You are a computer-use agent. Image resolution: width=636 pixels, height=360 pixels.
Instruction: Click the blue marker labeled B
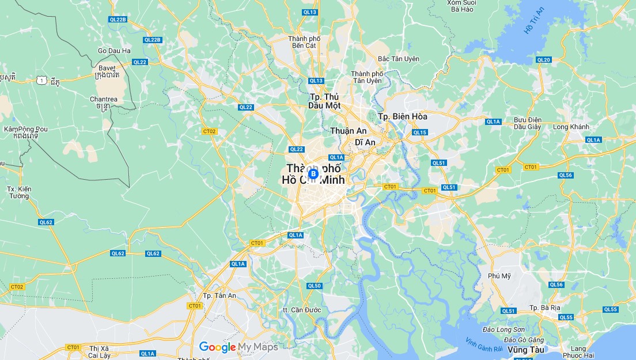[x=313, y=173]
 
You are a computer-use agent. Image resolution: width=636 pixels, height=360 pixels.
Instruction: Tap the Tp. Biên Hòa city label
[x=403, y=116]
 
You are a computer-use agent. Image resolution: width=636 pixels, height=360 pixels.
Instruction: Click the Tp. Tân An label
[x=219, y=295]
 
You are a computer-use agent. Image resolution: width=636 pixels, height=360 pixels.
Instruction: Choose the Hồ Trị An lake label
[x=534, y=21]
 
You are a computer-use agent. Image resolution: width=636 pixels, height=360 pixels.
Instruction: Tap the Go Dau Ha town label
[x=114, y=51]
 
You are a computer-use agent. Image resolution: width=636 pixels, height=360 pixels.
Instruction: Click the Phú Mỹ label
[x=499, y=275]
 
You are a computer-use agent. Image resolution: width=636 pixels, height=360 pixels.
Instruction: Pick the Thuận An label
[x=349, y=131]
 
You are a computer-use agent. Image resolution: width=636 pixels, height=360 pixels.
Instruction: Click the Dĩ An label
[x=365, y=142]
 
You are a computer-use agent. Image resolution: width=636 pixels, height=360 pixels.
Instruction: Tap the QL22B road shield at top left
[x=117, y=20]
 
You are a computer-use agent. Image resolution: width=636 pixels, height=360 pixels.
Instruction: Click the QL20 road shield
[x=543, y=60]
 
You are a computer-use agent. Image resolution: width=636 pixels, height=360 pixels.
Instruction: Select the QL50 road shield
[x=314, y=286]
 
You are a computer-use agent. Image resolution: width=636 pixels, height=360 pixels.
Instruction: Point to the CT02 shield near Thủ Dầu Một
[x=209, y=131]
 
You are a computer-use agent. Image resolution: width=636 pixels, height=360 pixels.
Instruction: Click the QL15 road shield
[x=419, y=132]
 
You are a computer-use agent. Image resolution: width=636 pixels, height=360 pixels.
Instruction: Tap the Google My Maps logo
[x=238, y=347]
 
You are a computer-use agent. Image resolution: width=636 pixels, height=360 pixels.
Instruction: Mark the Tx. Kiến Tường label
[x=19, y=192]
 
